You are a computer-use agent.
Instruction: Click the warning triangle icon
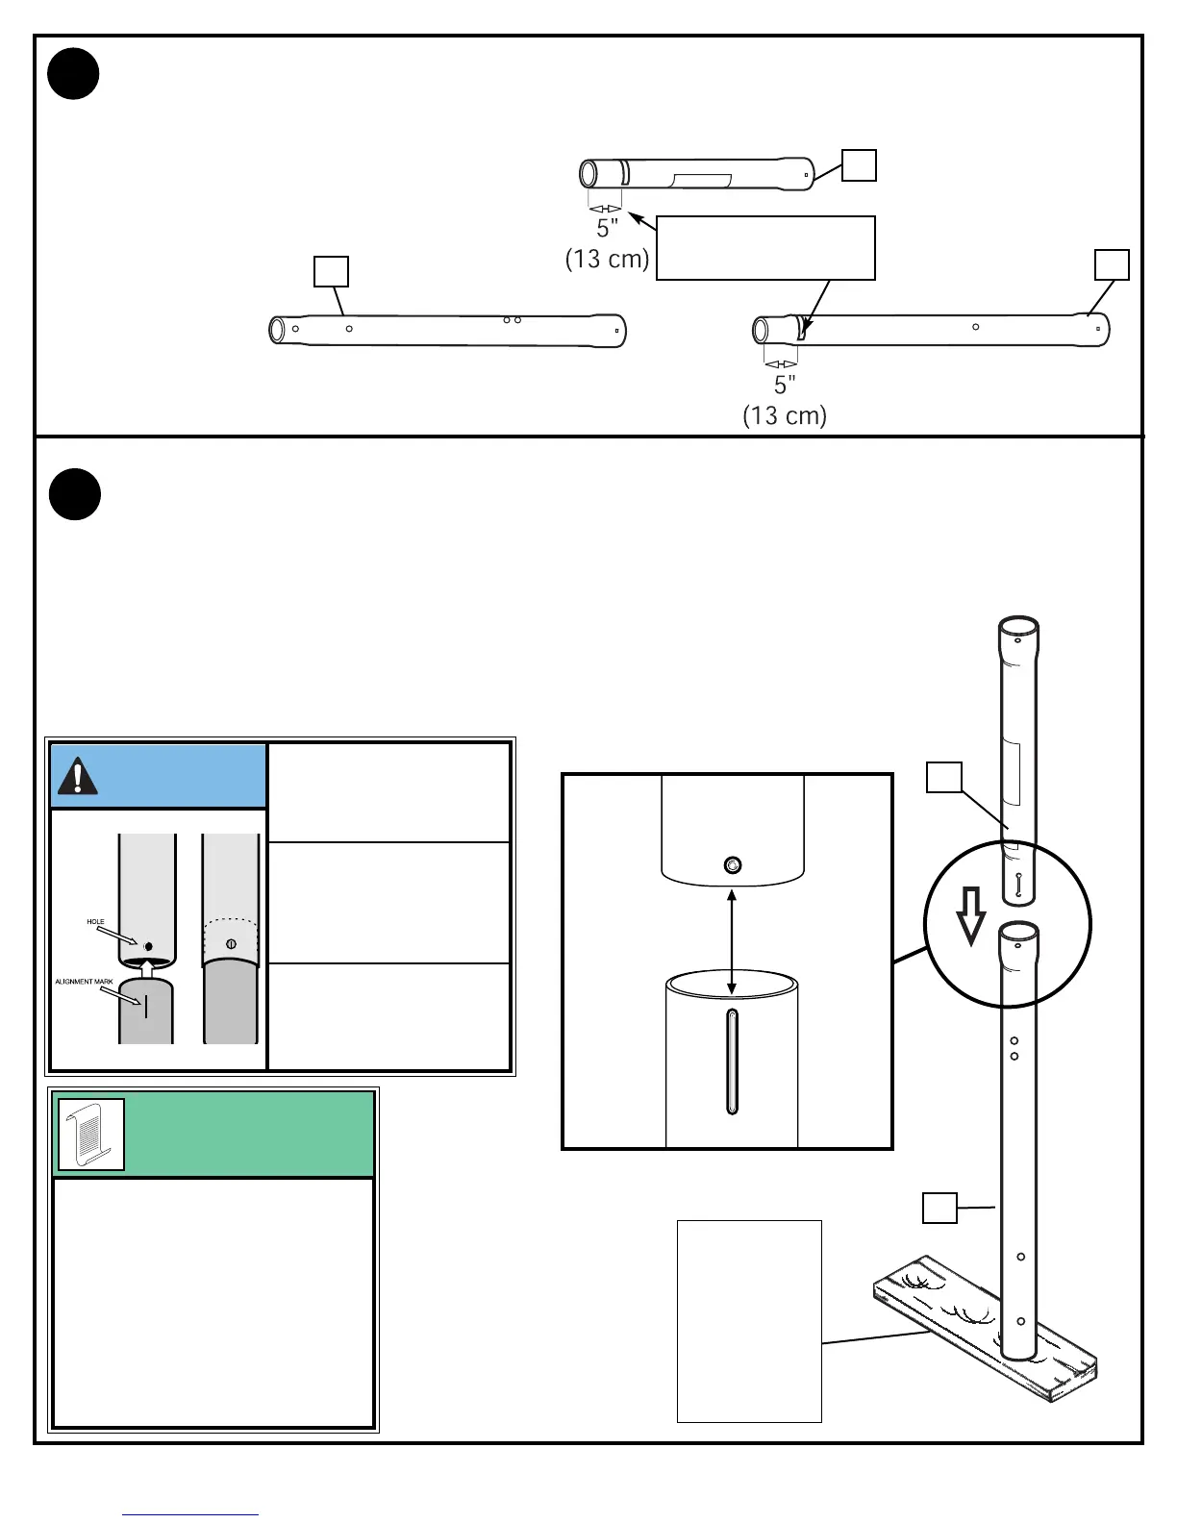78,776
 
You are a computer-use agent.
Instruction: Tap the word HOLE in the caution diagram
96,922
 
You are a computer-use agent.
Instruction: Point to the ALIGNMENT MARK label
84,982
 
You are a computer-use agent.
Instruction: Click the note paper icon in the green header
91,1135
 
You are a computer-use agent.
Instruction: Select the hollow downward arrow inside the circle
971,914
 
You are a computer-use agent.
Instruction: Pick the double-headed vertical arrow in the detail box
733,941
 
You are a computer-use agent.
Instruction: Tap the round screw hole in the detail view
733,865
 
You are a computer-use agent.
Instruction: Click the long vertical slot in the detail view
732,1061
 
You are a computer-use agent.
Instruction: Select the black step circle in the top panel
74,74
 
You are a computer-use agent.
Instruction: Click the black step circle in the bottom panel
75,494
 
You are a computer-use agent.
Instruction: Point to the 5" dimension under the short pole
607,229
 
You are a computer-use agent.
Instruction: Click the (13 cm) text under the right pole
785,415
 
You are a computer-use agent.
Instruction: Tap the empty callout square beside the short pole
859,164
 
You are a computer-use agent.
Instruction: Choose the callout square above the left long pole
331,272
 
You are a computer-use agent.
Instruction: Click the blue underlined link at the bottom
190,1514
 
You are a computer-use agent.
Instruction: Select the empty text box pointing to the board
749,1320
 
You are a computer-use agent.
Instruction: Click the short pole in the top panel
697,174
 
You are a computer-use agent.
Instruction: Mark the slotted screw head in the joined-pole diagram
231,943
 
